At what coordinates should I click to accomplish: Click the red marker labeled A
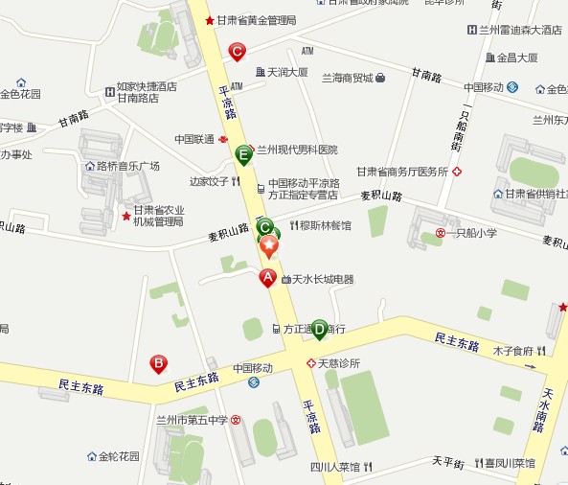pyautogui.click(x=268, y=278)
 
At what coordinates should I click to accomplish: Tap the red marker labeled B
pyautogui.click(x=159, y=363)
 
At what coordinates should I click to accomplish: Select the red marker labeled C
pyautogui.click(x=236, y=52)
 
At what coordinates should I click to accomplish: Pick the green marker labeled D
pyautogui.click(x=319, y=328)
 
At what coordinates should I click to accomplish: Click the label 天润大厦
pyautogui.click(x=286, y=72)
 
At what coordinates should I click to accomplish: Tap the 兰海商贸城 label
pyautogui.click(x=347, y=78)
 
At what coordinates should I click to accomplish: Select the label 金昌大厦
pyautogui.click(x=517, y=58)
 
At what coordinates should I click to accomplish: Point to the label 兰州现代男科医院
pyautogui.click(x=296, y=150)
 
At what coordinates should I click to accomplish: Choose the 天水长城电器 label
pyautogui.click(x=323, y=280)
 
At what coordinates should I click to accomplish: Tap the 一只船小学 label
pyautogui.click(x=471, y=233)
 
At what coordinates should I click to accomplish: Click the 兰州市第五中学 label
pyautogui.click(x=193, y=420)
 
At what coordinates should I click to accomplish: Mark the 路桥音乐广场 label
pyautogui.click(x=126, y=166)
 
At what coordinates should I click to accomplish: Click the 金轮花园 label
pyautogui.click(x=119, y=456)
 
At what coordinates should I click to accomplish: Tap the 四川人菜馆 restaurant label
pyautogui.click(x=334, y=468)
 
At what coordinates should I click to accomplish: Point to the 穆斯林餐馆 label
pyautogui.click(x=326, y=226)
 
